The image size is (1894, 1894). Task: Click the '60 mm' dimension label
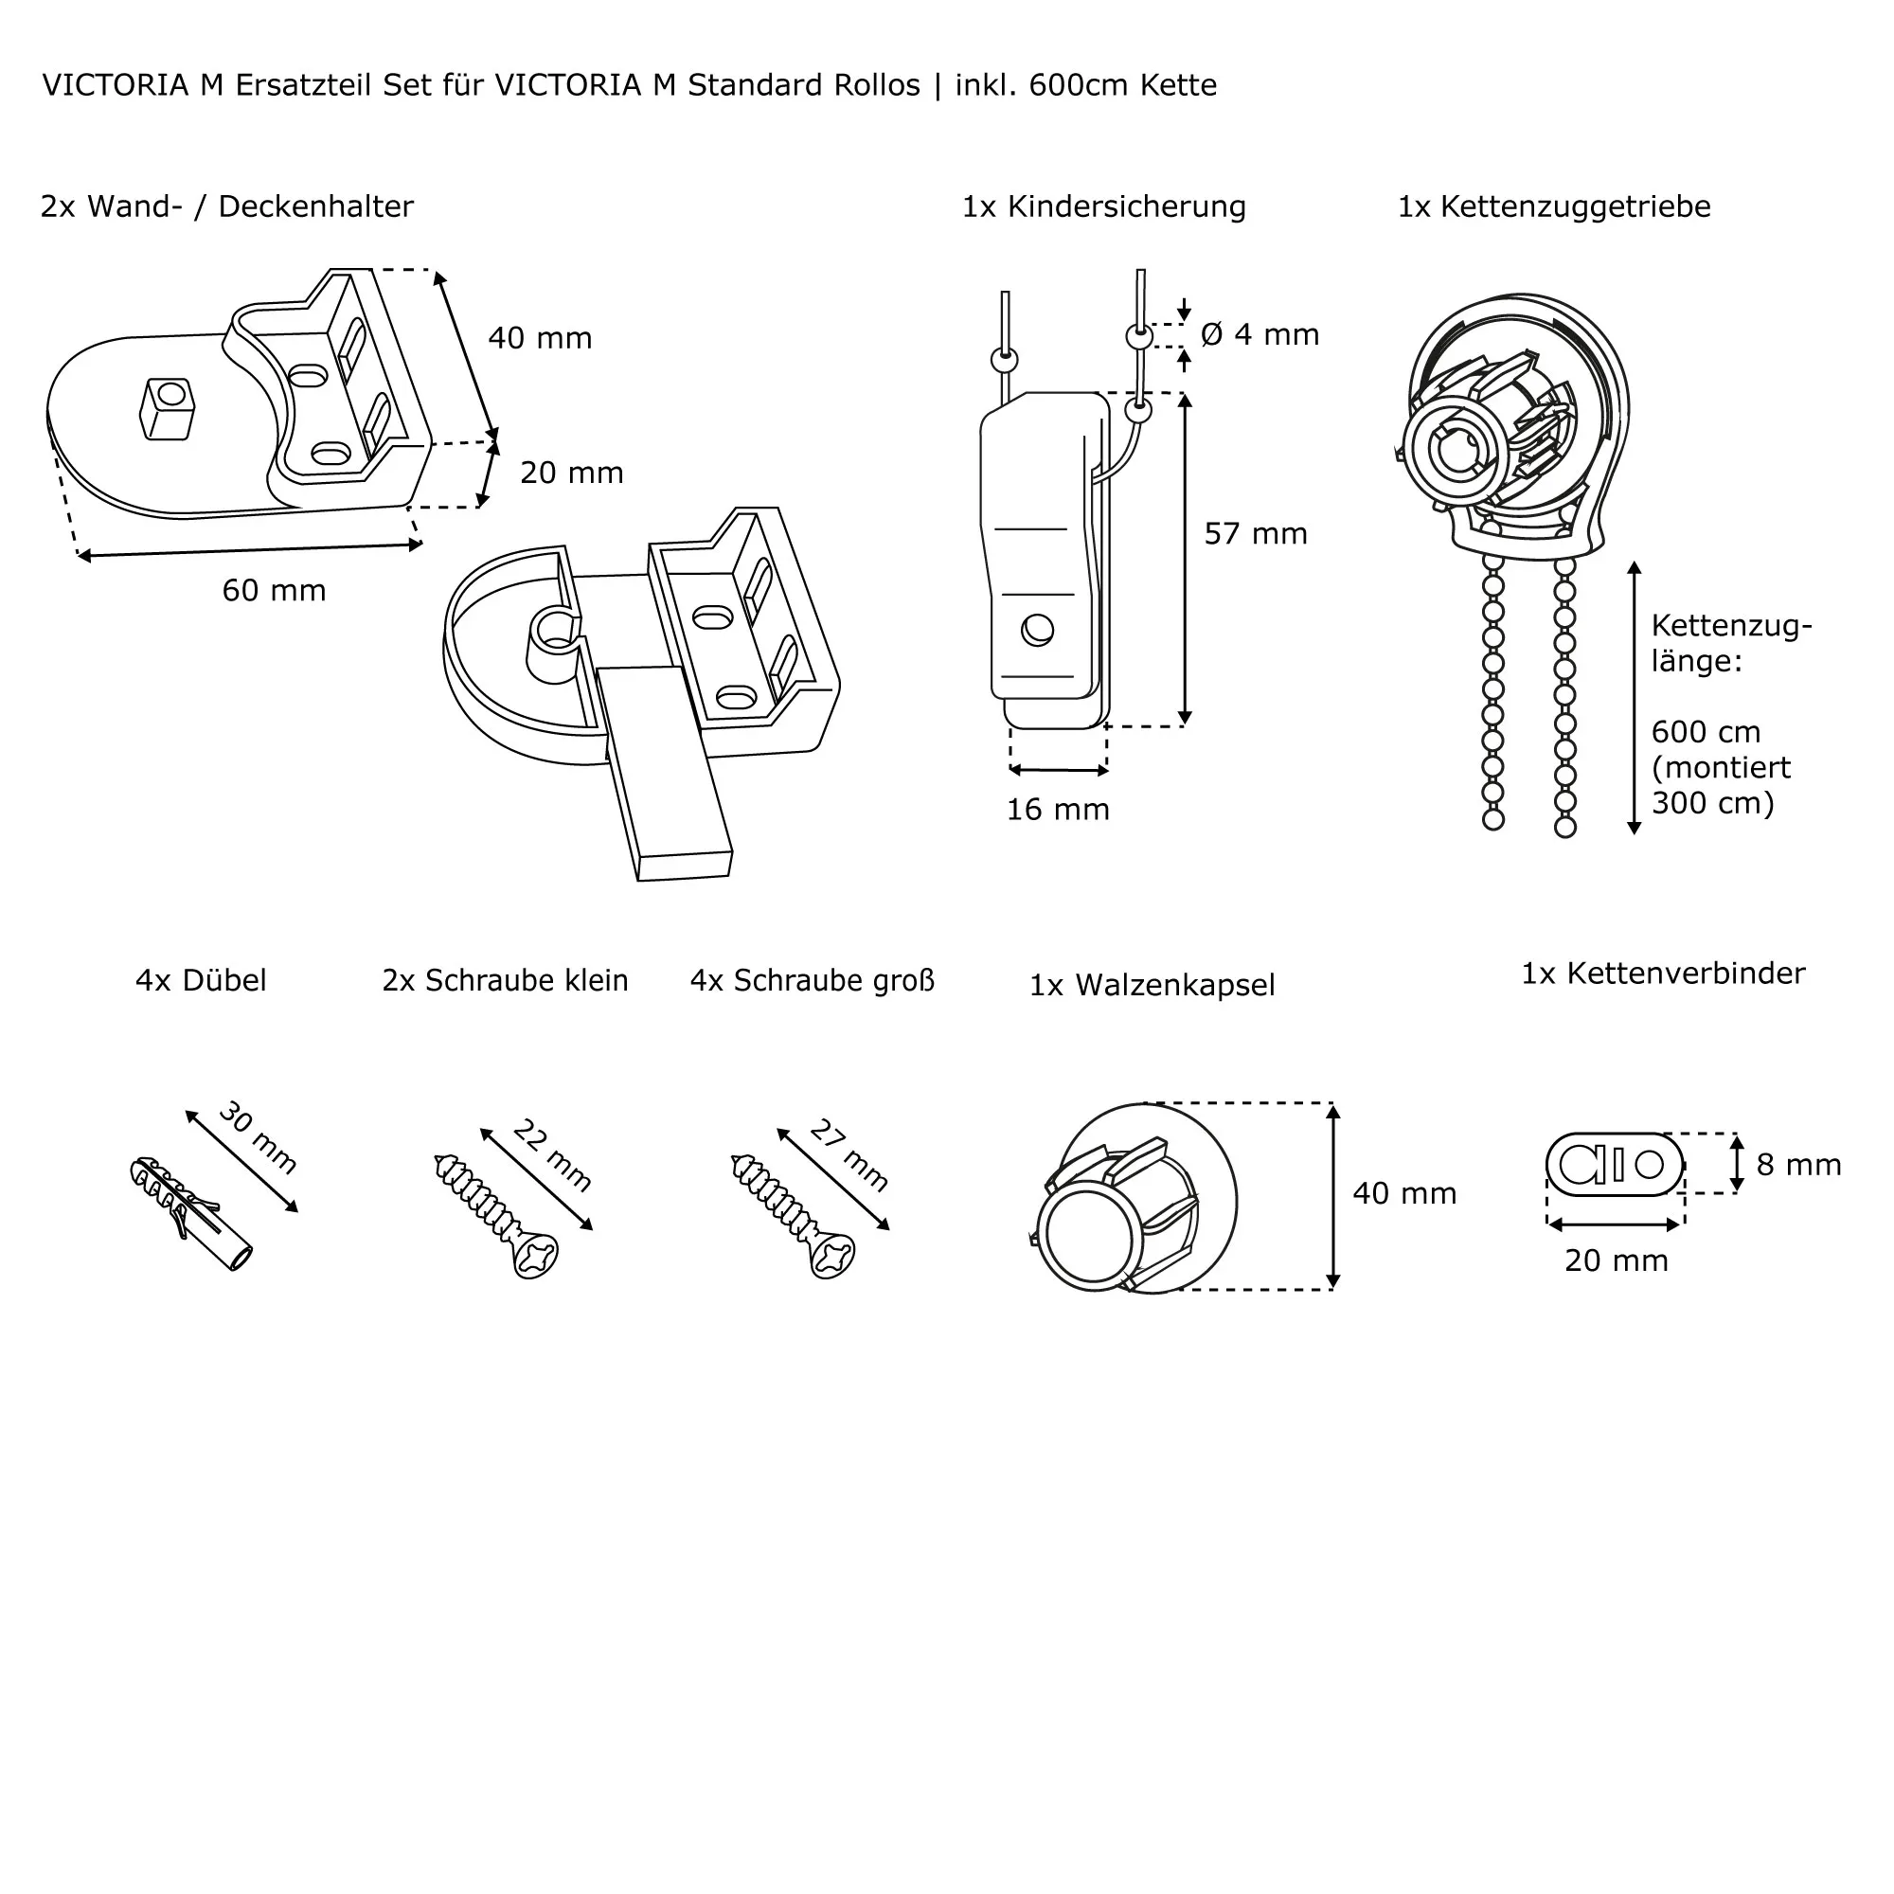[274, 590]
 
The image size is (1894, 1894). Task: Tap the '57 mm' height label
[1255, 533]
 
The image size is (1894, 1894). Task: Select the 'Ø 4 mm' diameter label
[1260, 334]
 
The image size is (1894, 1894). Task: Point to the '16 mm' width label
[1058, 810]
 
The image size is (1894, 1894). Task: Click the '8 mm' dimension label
[1798, 1165]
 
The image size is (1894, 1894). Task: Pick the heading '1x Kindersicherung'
[1104, 206]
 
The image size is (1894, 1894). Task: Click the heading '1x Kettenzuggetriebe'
[1554, 206]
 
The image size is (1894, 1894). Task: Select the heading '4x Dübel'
[201, 980]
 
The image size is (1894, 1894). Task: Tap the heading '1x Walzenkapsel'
[1152, 985]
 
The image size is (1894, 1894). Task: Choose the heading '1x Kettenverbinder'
[1663, 974]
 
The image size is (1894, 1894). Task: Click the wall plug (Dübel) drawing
[190, 1214]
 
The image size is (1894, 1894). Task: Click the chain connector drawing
[1614, 1165]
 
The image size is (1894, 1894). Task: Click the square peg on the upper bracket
[167, 408]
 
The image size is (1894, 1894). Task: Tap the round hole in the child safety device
[1037, 630]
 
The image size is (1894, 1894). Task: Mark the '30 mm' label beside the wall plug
[257, 1137]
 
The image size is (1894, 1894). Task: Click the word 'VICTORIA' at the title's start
[116, 86]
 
